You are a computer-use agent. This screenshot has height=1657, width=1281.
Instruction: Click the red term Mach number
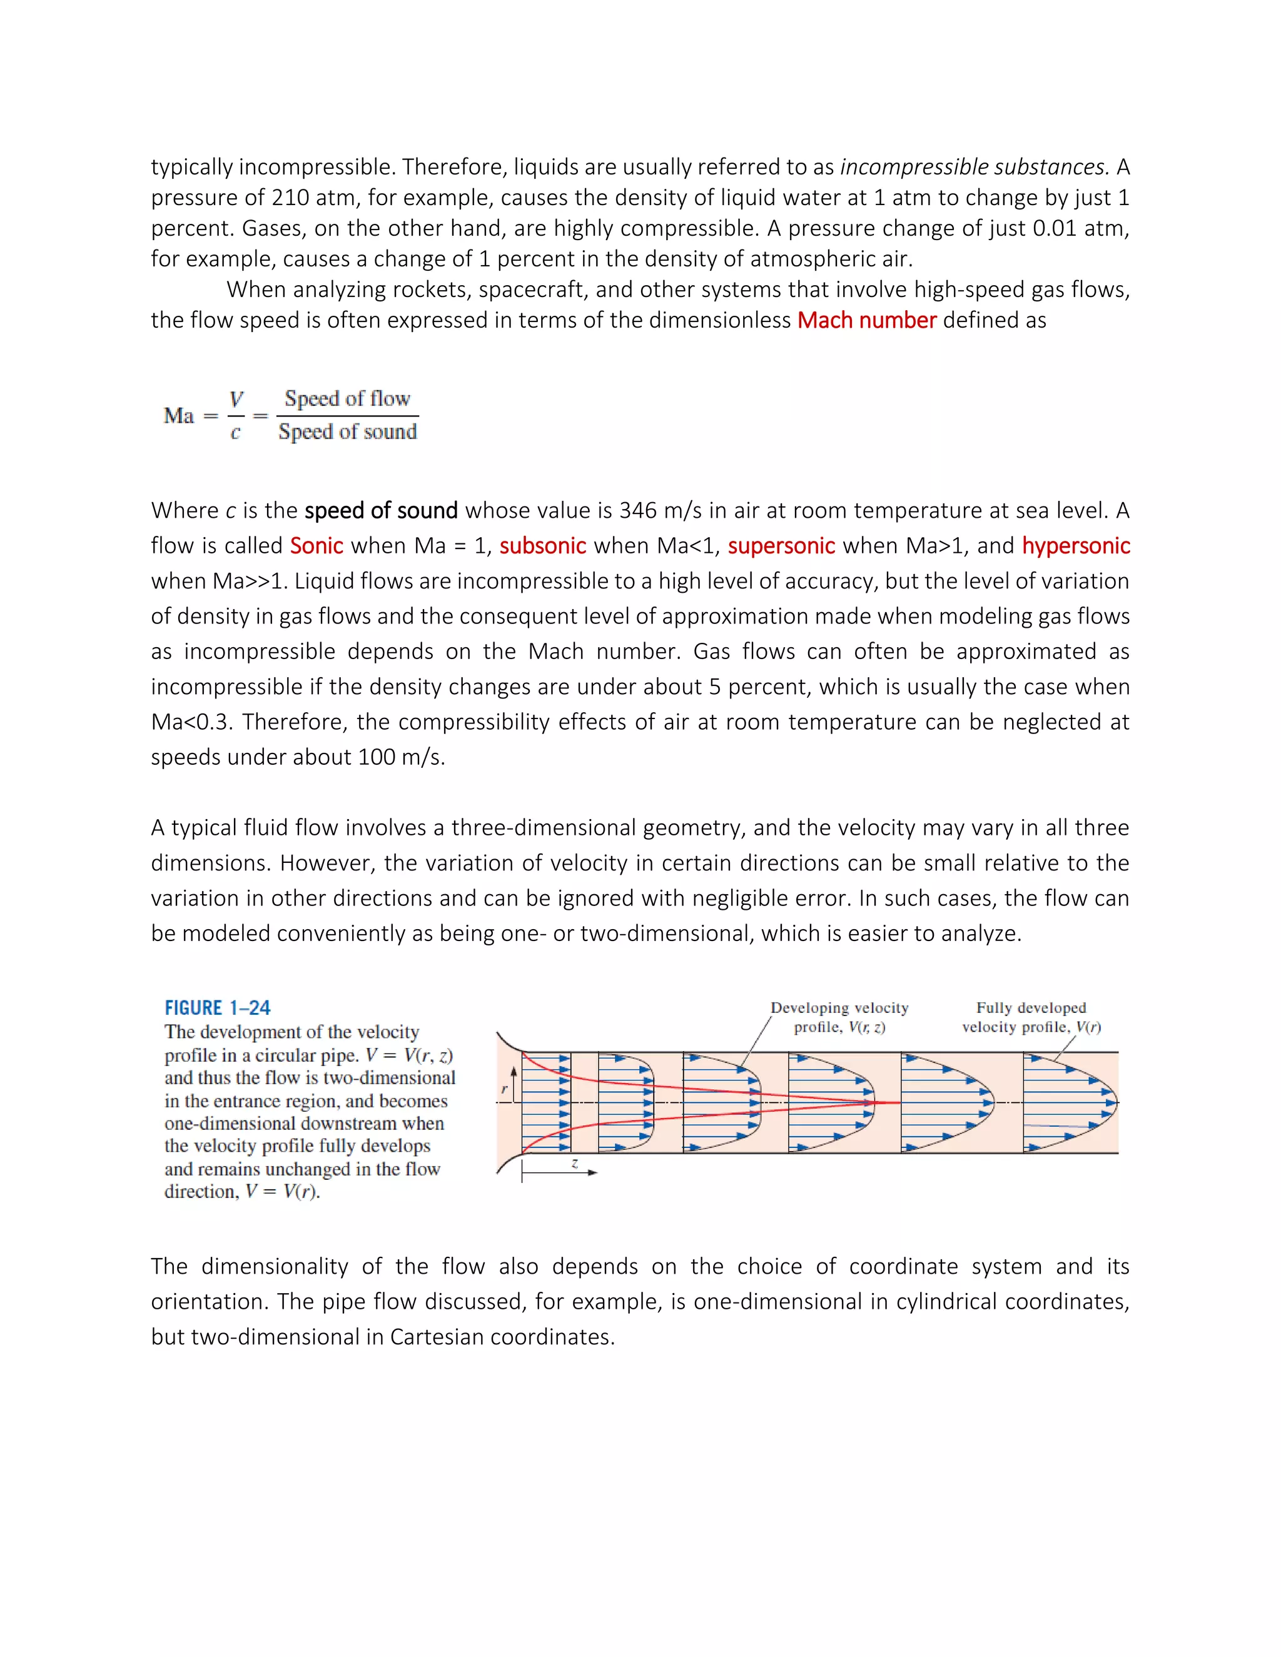click(x=867, y=320)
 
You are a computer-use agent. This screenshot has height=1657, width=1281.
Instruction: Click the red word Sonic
click(x=316, y=545)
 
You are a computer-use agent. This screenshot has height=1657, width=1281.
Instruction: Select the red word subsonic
click(x=542, y=545)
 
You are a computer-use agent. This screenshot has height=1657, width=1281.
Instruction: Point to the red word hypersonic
click(x=1075, y=545)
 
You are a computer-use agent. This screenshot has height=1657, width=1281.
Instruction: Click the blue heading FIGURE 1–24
click(x=217, y=1007)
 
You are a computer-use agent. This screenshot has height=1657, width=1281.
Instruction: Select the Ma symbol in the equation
click(x=179, y=416)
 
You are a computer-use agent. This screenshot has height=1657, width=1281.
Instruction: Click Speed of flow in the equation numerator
click(x=347, y=399)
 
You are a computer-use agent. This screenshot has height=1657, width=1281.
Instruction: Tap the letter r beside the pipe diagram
click(x=505, y=1089)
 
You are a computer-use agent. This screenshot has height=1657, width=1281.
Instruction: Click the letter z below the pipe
click(x=574, y=1163)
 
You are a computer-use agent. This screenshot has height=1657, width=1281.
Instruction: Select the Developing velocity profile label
click(x=839, y=1017)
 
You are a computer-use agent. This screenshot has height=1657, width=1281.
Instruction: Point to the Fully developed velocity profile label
click(x=1031, y=1017)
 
